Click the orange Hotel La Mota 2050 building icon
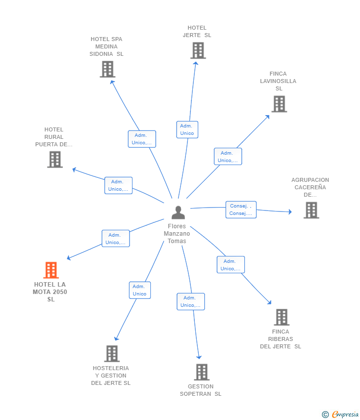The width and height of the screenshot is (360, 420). [51, 270]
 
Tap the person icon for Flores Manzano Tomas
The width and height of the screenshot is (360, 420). [178, 212]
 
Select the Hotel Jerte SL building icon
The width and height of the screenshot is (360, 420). [198, 50]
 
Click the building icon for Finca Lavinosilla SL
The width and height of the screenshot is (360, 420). [279, 104]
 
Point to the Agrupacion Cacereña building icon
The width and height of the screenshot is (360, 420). [311, 210]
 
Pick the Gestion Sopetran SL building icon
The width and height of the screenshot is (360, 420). [202, 372]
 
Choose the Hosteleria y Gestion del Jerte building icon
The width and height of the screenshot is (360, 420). [112, 354]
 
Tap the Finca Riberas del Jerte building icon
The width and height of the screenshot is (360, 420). [282, 317]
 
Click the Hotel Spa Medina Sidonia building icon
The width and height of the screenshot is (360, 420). [107, 69]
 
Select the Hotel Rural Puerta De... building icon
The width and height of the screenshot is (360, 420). [55, 160]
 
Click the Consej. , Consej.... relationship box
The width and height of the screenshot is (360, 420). [241, 210]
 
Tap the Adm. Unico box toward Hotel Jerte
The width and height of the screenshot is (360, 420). [187, 129]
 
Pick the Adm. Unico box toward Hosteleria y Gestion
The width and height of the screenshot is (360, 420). [139, 290]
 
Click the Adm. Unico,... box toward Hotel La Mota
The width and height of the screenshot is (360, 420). [116, 238]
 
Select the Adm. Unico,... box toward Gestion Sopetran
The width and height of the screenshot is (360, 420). [190, 301]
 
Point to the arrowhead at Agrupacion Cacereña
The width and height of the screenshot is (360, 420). [290, 211]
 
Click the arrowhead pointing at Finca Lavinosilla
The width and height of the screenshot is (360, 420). [267, 117]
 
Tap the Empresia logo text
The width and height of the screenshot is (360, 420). [345, 414]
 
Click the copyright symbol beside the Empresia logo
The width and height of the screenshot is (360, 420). [325, 415]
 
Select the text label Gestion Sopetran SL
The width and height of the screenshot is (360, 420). [200, 390]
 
